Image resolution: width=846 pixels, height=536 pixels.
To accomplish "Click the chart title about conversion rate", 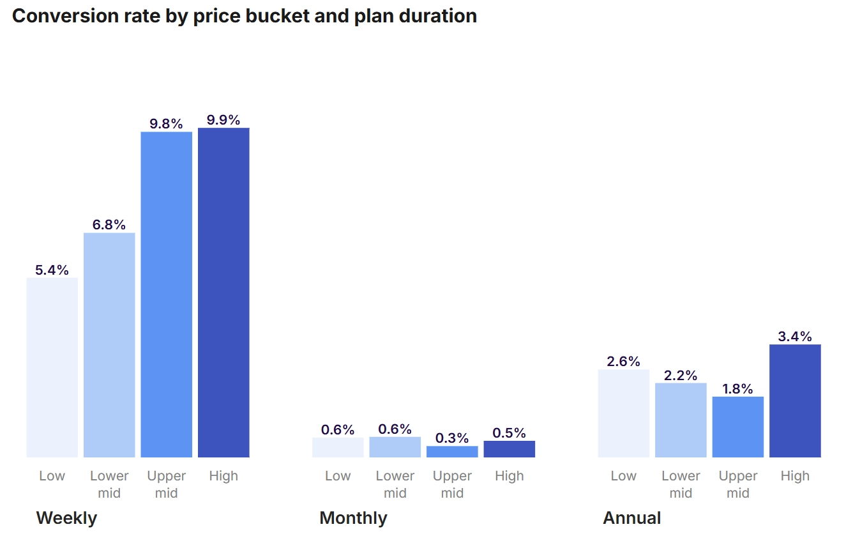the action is pos(245,16).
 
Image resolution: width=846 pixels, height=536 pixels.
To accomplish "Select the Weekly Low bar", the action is pos(52,367).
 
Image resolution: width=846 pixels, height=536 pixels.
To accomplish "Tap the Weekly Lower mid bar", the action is pos(109,345).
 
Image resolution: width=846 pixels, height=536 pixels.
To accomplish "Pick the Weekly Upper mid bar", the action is pos(167,295).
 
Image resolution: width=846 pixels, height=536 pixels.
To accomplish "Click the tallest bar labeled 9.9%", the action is pos(223,293).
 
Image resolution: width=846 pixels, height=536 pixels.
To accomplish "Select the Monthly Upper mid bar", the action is pos(452,452).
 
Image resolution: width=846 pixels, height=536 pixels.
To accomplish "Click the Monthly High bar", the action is pos(510,449).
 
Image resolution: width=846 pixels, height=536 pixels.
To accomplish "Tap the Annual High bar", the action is pos(795,401).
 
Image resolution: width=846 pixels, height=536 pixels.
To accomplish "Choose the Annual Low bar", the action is pos(624,413).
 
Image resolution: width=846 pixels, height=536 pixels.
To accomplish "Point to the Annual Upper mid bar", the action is pos(738,427).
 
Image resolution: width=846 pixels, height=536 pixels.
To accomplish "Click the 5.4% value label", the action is pos(52,270).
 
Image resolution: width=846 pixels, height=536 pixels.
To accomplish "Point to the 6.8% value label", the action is pos(109,225).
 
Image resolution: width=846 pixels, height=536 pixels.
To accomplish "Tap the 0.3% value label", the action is pos(452,438).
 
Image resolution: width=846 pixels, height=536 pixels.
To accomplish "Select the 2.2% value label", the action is pos(681,376).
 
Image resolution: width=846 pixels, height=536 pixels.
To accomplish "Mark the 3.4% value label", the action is pos(795,337).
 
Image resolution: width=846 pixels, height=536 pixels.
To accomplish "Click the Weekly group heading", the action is pos(66,518).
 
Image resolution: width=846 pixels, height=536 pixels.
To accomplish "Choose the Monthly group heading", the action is pos(353,518).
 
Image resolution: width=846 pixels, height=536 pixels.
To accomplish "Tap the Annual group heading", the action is pos(632,518).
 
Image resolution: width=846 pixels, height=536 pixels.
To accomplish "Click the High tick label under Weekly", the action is pos(223,476).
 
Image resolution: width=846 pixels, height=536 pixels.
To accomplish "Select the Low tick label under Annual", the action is pos(624,476).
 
